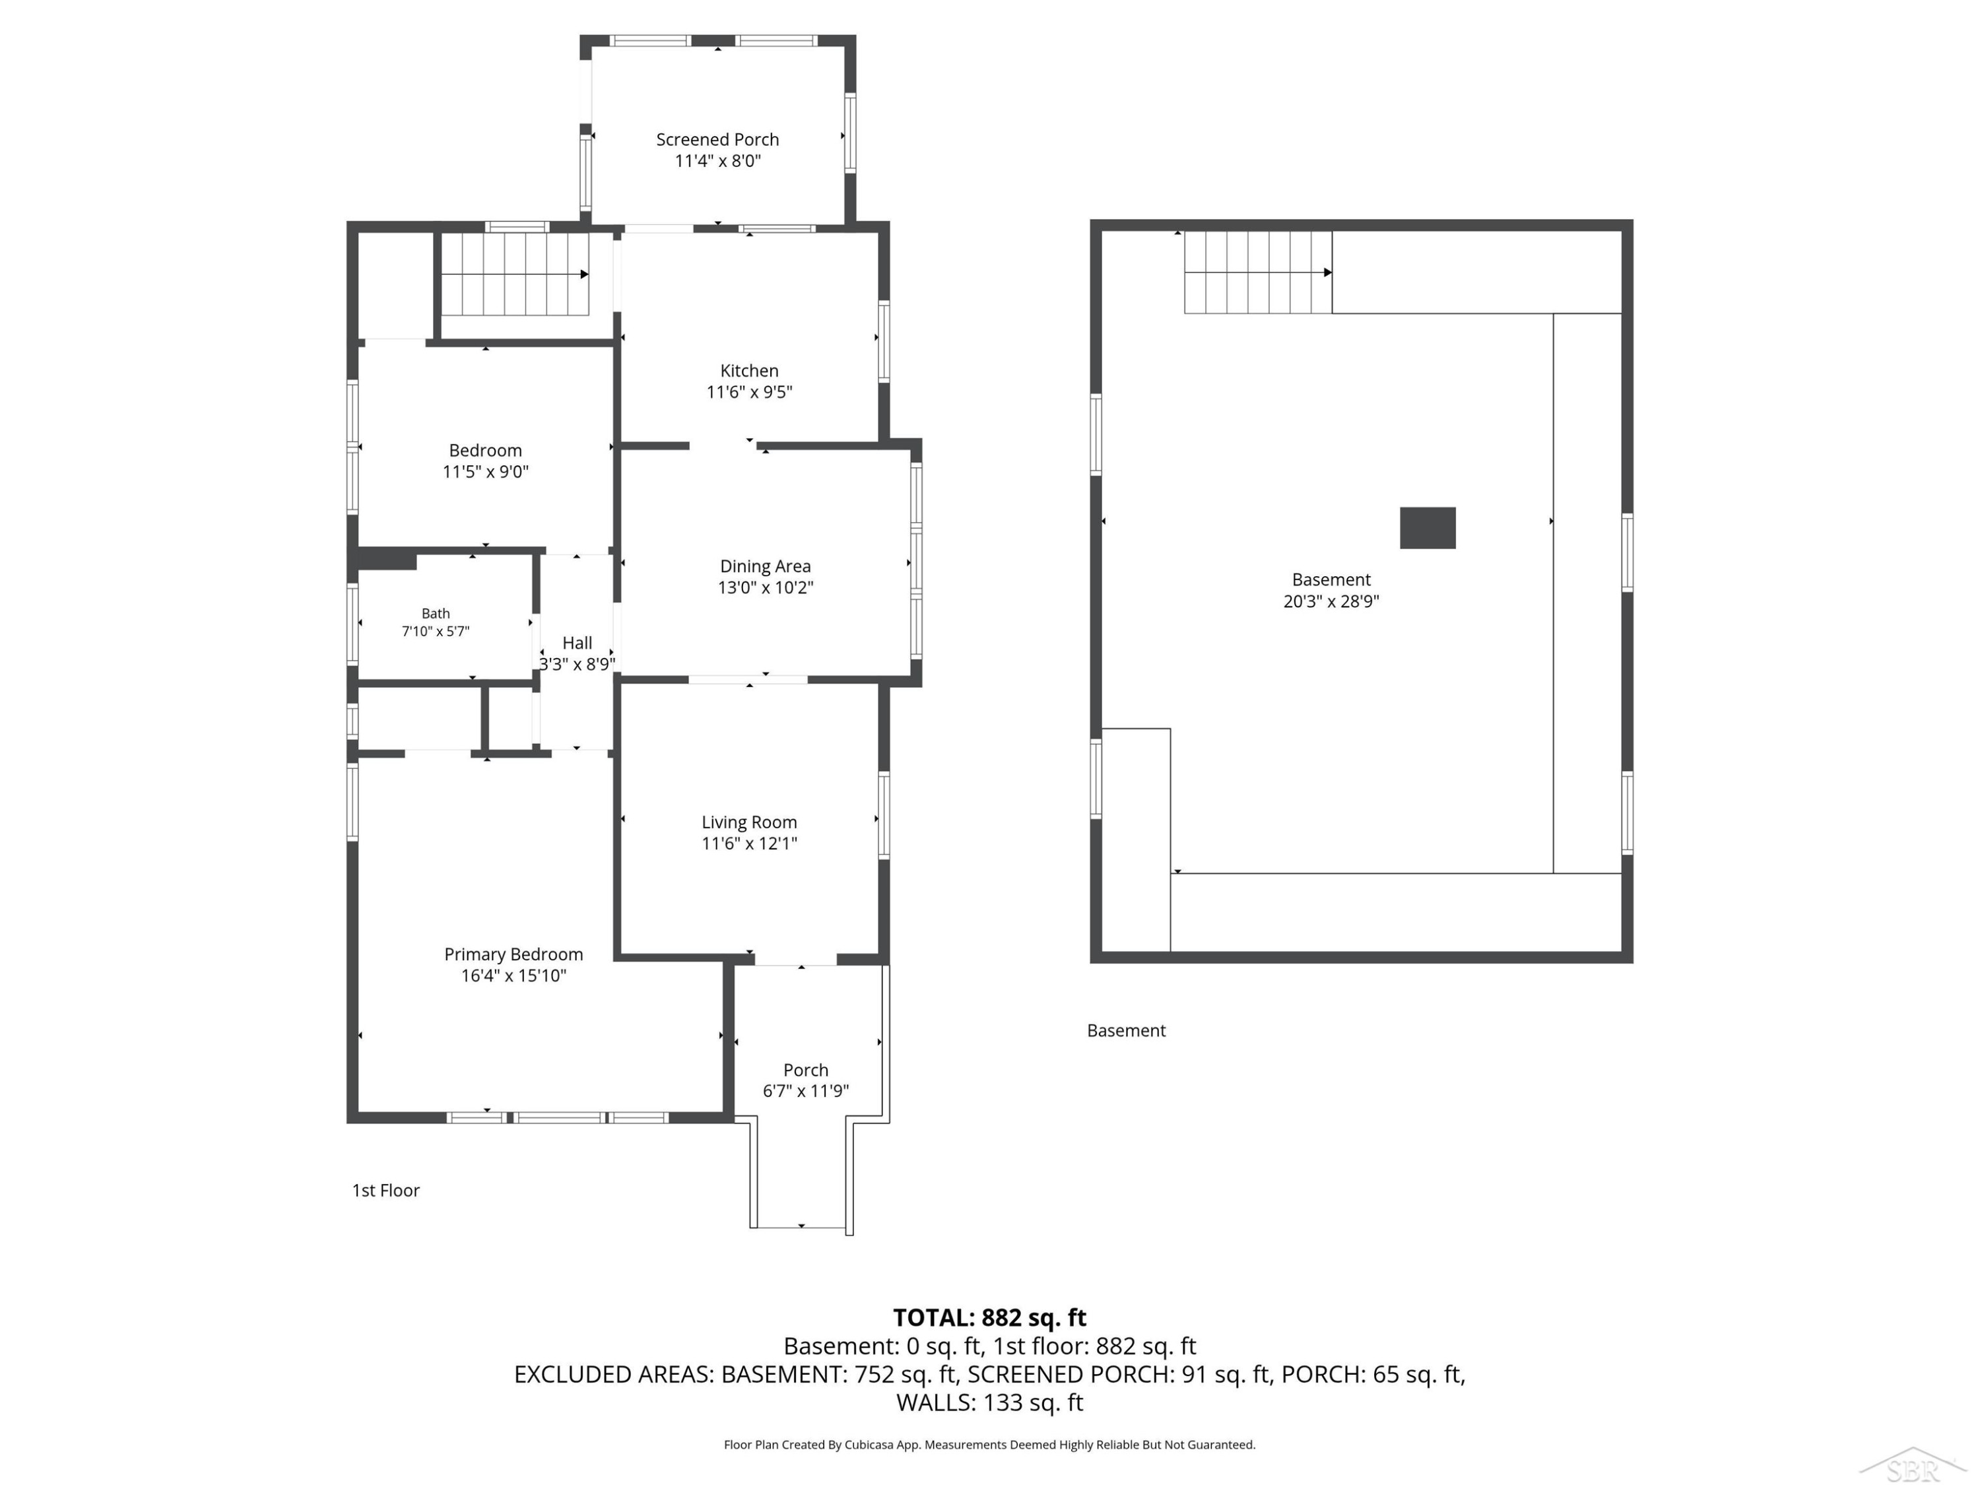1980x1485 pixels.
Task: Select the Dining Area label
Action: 766,566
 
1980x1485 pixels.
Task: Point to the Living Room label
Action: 749,822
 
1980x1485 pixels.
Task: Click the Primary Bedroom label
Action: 513,954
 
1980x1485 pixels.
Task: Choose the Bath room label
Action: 436,613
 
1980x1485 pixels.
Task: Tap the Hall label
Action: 577,643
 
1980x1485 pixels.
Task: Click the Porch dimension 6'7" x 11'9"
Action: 806,1091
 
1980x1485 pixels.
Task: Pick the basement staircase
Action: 1258,272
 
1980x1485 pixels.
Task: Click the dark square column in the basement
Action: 1428,528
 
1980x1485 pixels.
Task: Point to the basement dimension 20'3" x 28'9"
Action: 1331,601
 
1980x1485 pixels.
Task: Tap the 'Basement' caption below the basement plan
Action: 1126,1030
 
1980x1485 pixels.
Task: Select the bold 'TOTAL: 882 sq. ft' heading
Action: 989,1317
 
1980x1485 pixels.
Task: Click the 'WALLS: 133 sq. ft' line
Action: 989,1402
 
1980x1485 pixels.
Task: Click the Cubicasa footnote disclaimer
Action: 989,1445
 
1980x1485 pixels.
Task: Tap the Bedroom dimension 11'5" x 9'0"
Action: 486,472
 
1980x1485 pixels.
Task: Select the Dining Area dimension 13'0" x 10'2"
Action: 766,588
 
